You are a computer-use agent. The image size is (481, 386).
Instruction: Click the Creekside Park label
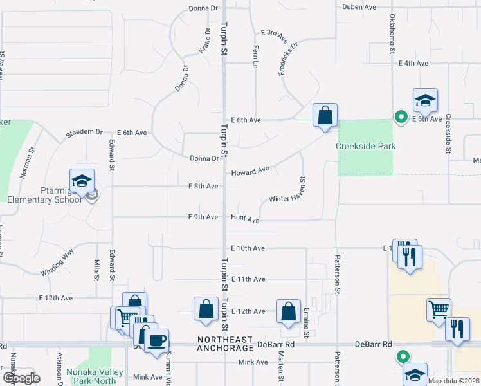[x=365, y=146]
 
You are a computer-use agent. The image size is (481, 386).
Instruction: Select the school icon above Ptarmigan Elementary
[x=82, y=181]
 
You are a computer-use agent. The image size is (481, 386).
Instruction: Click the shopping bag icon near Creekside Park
[x=325, y=116]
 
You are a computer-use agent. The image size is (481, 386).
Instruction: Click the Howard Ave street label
[x=250, y=172]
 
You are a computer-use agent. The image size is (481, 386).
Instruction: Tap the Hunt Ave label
[x=245, y=220]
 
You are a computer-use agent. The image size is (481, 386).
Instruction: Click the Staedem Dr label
[x=84, y=133]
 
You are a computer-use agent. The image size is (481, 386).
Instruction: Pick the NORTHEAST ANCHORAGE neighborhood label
[x=225, y=344]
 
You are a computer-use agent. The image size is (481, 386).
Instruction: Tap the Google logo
[x=21, y=378]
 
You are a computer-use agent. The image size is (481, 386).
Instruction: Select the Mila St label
[x=96, y=270]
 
